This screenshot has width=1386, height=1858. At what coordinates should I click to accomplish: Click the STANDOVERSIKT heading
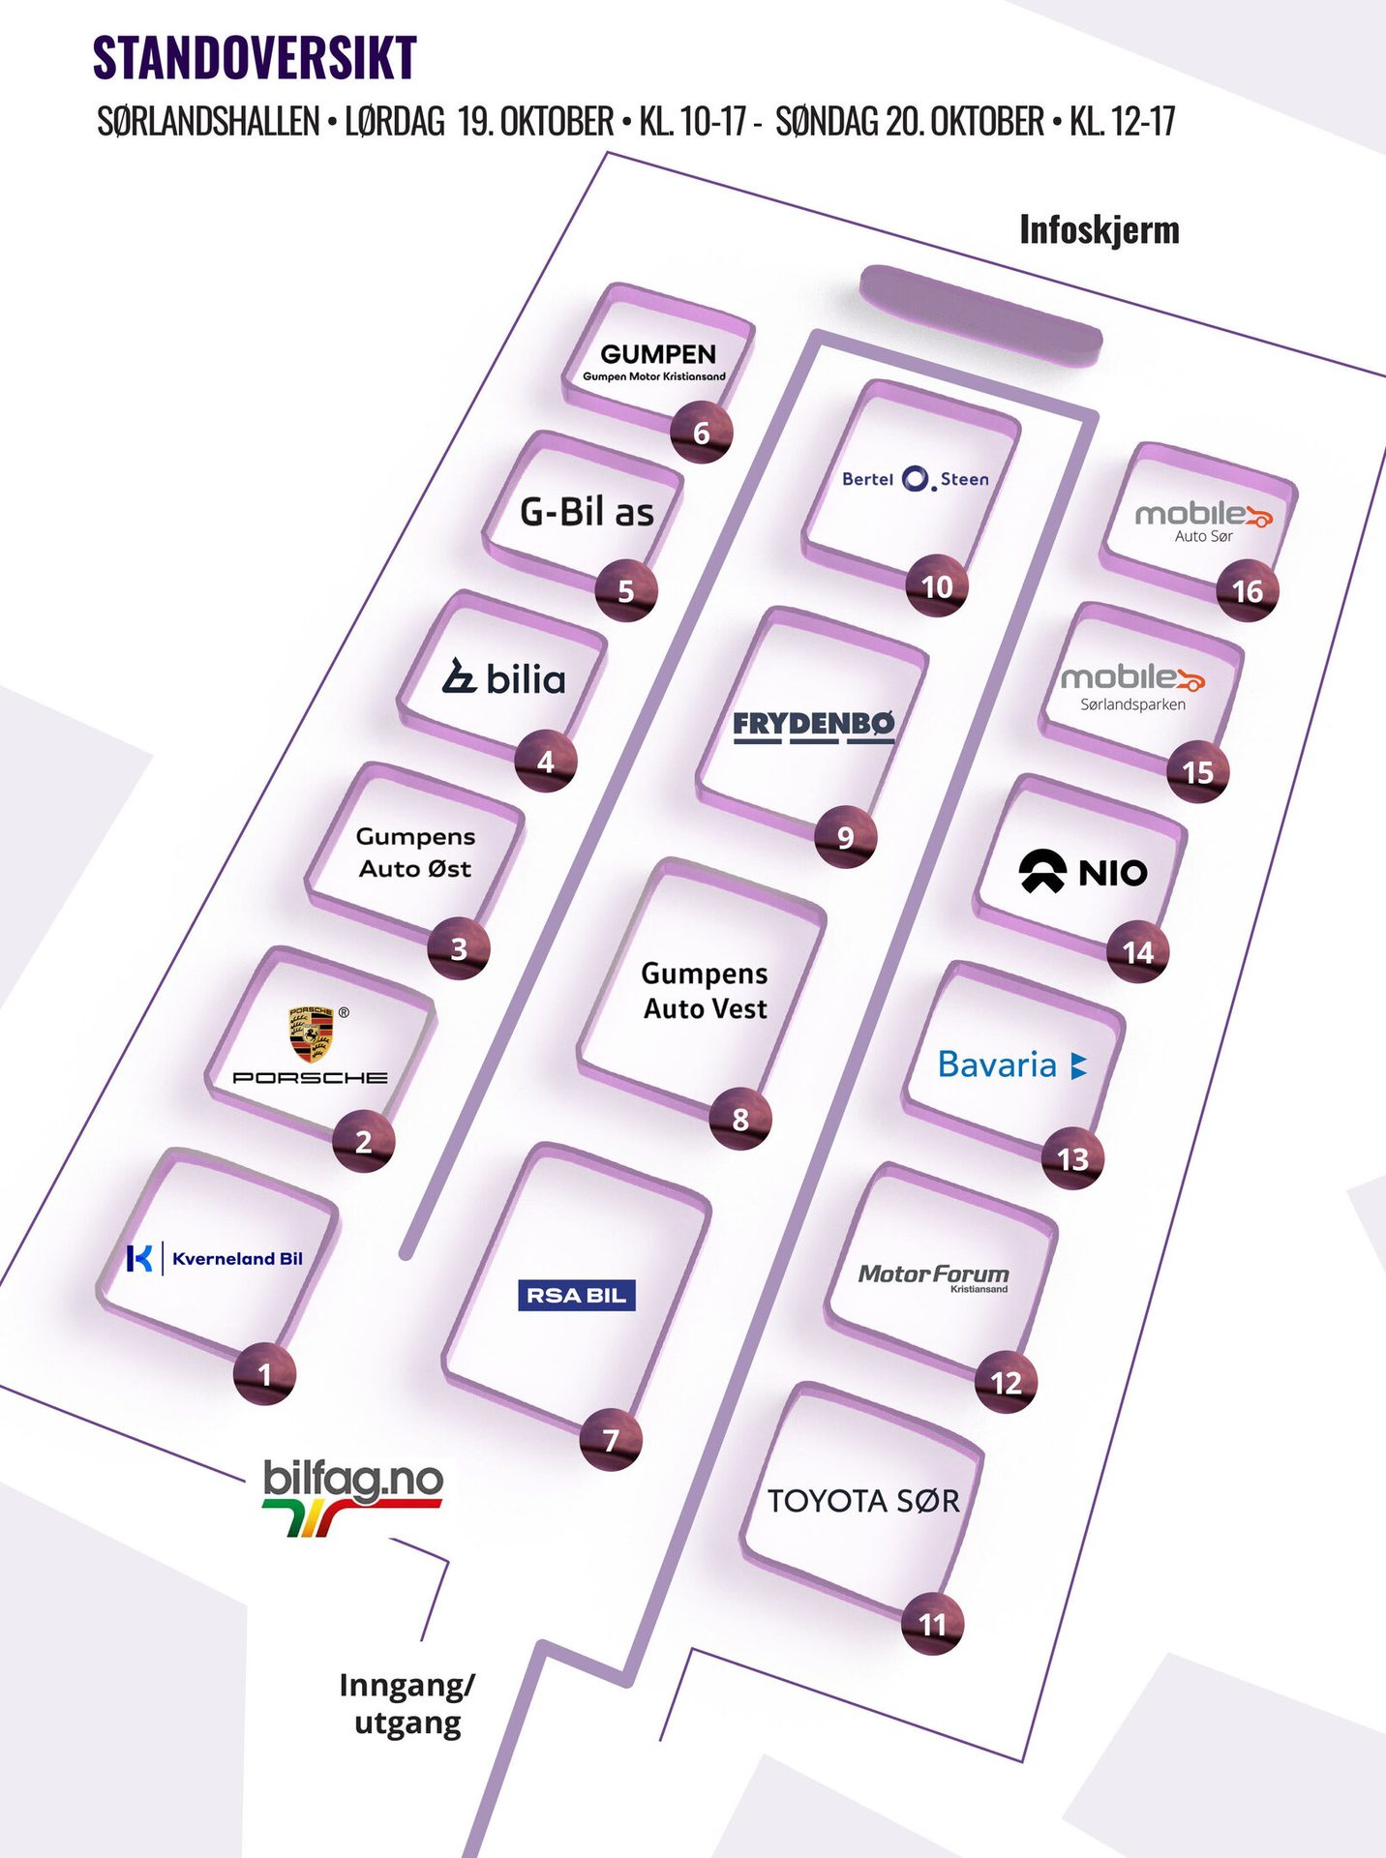255,58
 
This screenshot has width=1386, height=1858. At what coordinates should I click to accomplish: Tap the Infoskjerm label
1100,230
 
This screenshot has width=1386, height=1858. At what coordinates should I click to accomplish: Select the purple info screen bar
980,315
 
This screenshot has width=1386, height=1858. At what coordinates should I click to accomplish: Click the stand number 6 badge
702,433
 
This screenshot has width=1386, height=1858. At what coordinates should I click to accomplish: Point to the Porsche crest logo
312,1034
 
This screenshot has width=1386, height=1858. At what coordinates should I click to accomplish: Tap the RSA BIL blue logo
577,1295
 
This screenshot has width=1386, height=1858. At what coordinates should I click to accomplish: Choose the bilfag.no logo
352,1495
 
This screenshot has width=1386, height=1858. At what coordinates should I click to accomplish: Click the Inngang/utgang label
407,1703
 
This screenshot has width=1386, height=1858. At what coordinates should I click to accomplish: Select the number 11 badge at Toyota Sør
932,1623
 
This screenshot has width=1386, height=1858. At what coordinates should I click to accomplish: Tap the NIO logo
1083,872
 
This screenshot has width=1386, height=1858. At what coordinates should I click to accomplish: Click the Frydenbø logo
814,725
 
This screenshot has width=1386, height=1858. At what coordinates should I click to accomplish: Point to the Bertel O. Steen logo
916,479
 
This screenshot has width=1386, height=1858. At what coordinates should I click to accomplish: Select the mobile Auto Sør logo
1203,521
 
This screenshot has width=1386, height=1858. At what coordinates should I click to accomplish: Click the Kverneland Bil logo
215,1258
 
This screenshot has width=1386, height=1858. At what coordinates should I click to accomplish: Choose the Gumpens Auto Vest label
705,990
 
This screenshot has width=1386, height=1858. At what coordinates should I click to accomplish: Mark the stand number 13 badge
1072,1158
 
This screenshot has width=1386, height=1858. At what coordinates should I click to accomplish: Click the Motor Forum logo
934,1276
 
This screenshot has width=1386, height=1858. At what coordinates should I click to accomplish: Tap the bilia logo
504,678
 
